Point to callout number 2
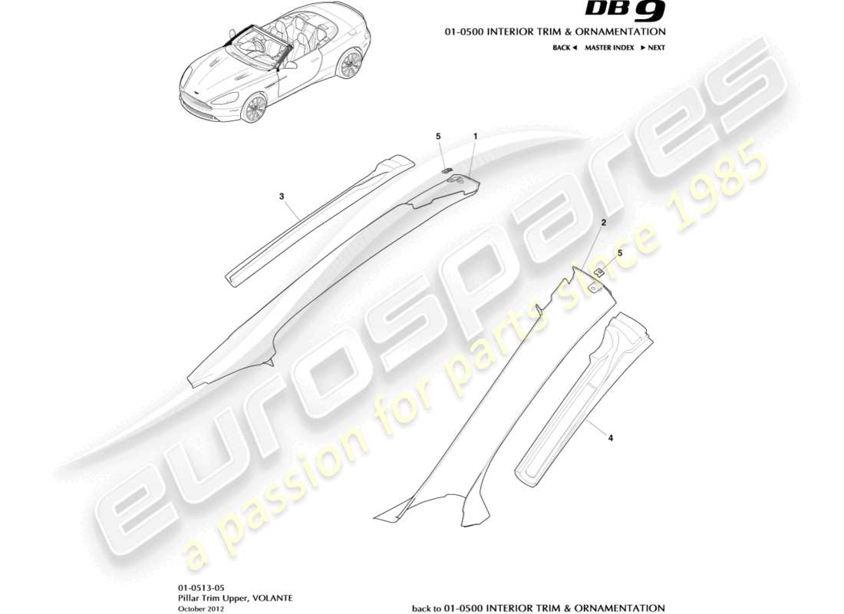pos(605,223)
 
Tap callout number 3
pos(282,196)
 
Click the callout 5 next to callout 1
pos(438,136)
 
